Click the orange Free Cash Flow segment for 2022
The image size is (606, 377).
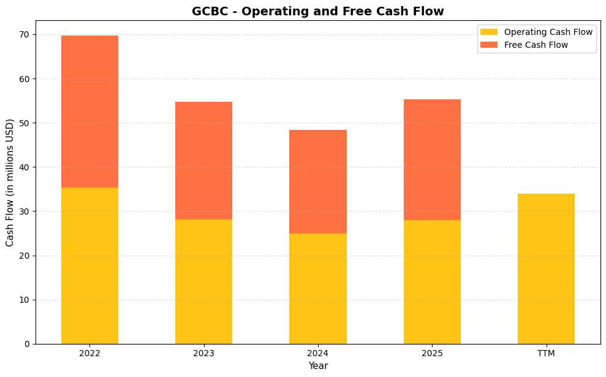tap(89, 112)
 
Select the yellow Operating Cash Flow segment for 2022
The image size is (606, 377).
tap(89, 265)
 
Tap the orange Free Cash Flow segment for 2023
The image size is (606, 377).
tap(203, 161)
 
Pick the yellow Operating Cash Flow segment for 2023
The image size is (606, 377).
tap(203, 281)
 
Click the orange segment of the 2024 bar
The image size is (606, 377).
tap(317, 181)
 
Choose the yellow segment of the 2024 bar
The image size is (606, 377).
tap(317, 289)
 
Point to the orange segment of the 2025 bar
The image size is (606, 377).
tap(432, 159)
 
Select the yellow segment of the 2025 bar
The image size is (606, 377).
tap(432, 282)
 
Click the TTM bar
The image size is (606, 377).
tap(546, 268)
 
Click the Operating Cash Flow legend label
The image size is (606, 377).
tap(548, 32)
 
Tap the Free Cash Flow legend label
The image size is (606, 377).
tap(536, 45)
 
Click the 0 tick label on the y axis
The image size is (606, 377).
tap(26, 344)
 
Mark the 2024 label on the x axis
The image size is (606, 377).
tap(317, 353)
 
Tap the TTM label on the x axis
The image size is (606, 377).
tap(546, 353)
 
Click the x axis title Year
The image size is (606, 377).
tap(317, 366)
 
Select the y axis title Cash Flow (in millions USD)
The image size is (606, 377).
tap(10, 182)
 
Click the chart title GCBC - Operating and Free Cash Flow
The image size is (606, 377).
tap(317, 11)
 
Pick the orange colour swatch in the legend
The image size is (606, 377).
tap(489, 45)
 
